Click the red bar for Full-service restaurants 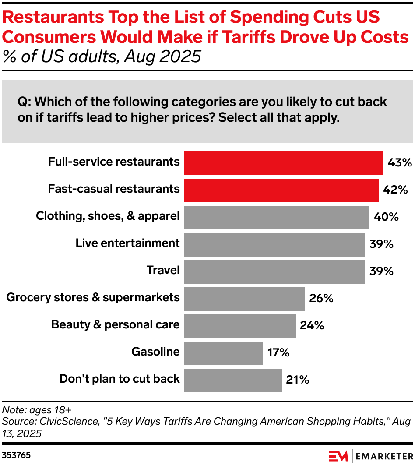click(283, 163)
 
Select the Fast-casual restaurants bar click(281, 190)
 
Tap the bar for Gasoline click(223, 353)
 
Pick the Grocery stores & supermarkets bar click(244, 299)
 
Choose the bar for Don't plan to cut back click(232, 380)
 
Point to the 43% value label click(400, 163)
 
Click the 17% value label click(278, 353)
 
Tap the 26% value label click(321, 299)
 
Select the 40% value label click(386, 217)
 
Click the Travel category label click(163, 271)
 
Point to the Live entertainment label click(127, 243)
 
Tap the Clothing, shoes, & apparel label click(108, 216)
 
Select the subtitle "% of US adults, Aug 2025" click(102, 57)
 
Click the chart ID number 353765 click(16, 455)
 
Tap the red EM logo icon click(338, 455)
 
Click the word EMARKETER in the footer click(383, 456)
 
